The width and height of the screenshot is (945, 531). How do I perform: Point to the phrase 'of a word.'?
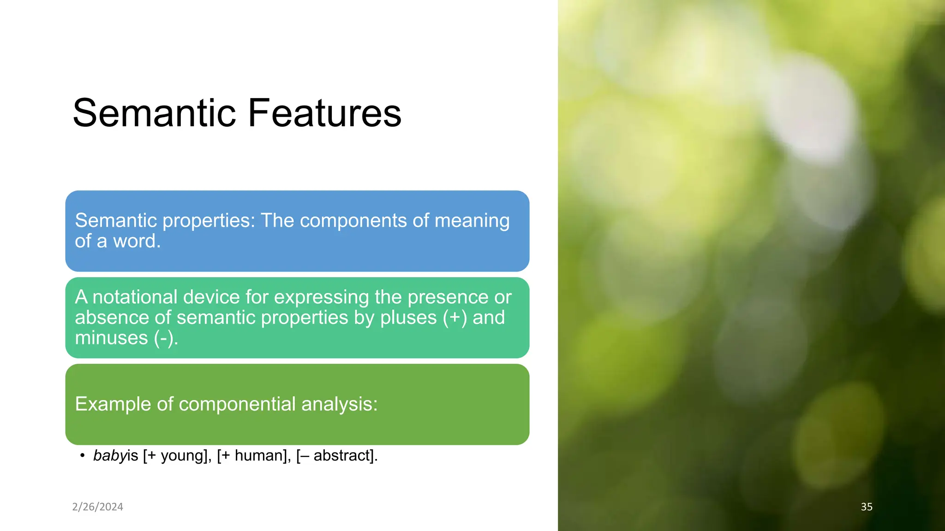[118, 241]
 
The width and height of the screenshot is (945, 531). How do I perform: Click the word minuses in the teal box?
[111, 338]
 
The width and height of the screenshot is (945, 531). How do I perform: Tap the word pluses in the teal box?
[408, 318]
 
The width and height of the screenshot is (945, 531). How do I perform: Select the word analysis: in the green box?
[339, 404]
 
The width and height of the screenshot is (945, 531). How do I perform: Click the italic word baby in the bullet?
[109, 455]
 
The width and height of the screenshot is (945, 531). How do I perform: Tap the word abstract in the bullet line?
[342, 455]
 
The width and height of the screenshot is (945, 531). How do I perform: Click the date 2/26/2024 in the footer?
[98, 507]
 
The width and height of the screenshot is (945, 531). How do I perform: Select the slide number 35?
[867, 507]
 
